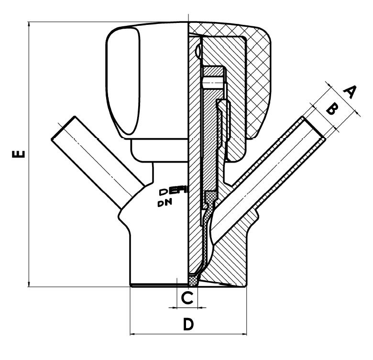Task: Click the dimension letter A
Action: pos(350,91)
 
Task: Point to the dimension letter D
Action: pos(188,325)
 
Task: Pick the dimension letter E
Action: pos(17,154)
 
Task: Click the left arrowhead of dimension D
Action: pos(133,334)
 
